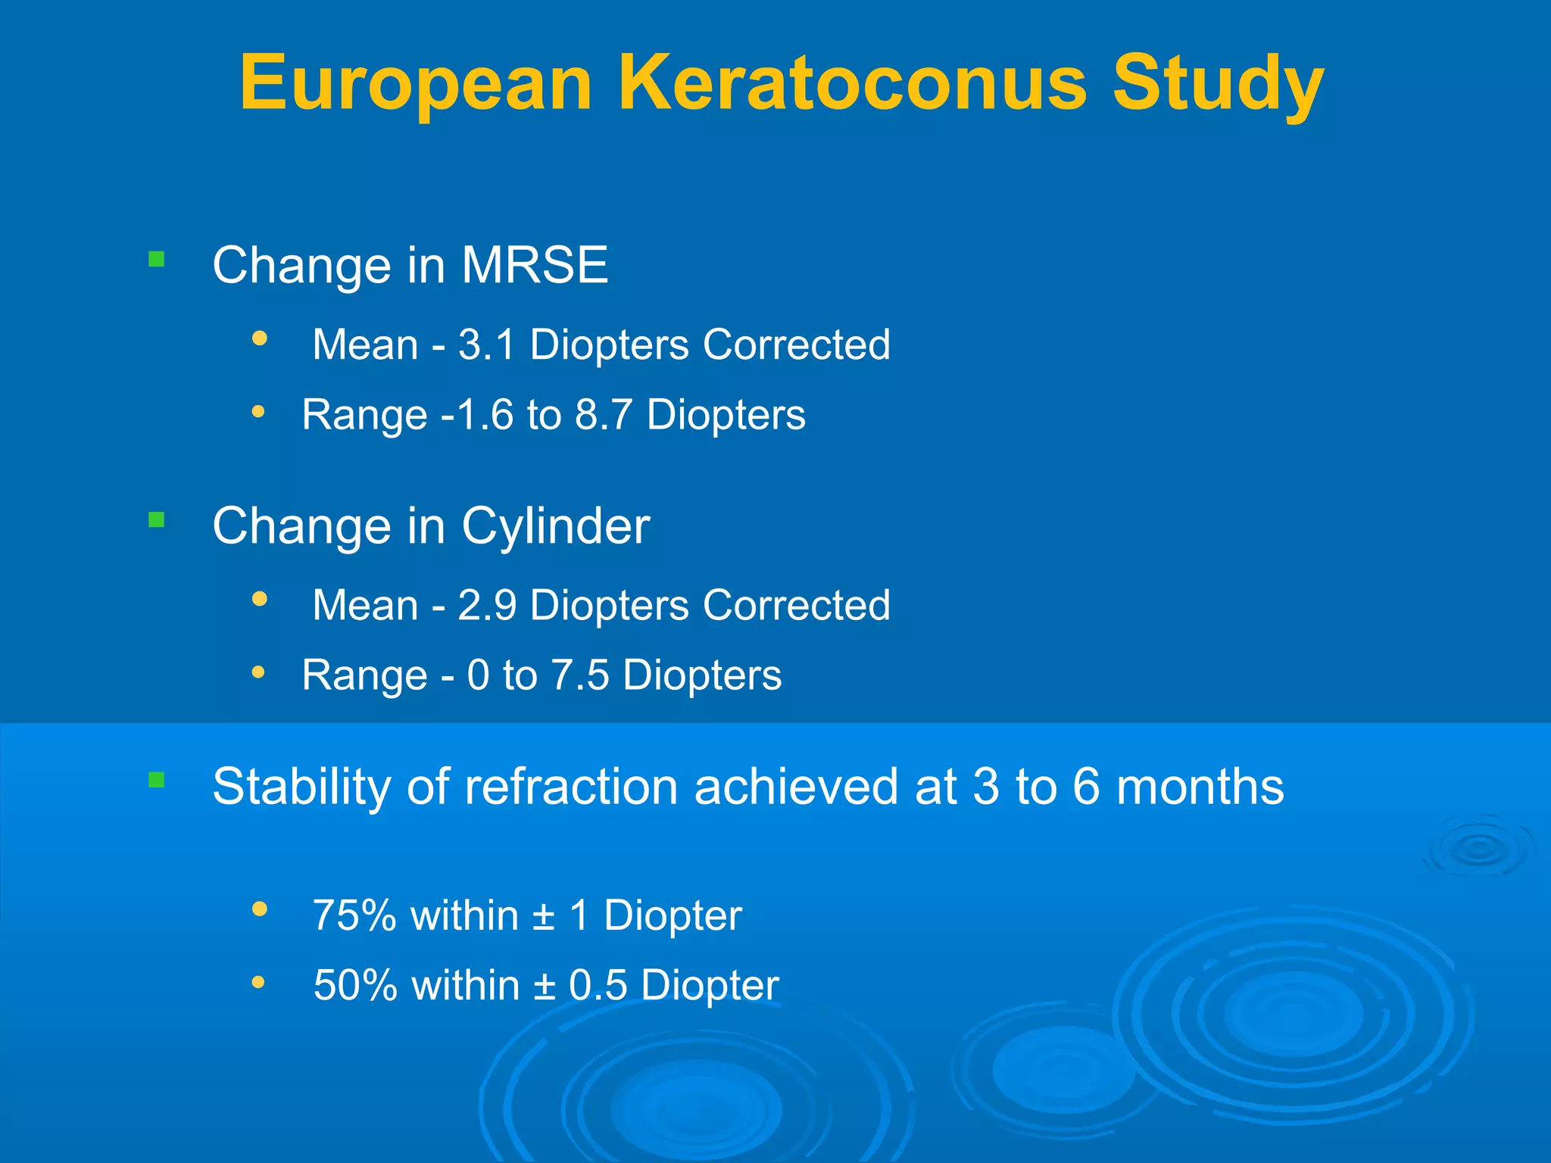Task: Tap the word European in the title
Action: click(416, 85)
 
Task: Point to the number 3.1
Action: click(486, 345)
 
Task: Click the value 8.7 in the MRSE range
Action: click(604, 415)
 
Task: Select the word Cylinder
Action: click(556, 525)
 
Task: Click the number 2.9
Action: click(487, 605)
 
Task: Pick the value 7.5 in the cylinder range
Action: click(579, 675)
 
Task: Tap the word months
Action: click(1200, 786)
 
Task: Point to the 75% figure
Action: click(354, 915)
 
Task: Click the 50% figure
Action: click(355, 985)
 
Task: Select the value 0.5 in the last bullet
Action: click(598, 985)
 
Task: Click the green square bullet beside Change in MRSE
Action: click(157, 260)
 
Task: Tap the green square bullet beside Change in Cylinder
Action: click(157, 519)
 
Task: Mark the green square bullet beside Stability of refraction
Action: click(157, 780)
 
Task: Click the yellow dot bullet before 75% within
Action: click(260, 908)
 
